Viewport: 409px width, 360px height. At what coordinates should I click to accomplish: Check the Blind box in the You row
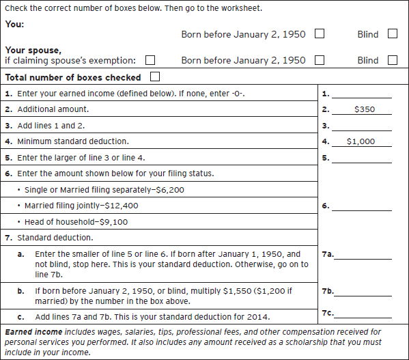(392, 33)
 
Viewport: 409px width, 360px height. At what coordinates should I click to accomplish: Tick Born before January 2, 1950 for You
(319, 33)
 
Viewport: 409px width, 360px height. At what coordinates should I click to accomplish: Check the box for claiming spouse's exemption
(150, 60)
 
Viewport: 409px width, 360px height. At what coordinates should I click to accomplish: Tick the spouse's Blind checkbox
(392, 60)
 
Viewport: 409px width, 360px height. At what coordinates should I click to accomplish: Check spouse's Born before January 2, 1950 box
(319, 60)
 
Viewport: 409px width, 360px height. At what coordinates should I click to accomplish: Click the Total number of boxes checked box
(155, 77)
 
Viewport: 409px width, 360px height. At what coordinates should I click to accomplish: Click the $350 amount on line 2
(364, 109)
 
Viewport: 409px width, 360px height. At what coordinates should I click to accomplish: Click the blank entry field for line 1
(362, 93)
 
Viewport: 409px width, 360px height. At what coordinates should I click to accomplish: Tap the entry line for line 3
(362, 126)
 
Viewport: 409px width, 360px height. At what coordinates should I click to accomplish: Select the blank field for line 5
(362, 158)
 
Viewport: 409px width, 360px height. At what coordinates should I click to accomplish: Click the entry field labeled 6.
(362, 206)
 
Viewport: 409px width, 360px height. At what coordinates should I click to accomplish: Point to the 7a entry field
(363, 255)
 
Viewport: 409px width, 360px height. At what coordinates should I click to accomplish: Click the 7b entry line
(363, 292)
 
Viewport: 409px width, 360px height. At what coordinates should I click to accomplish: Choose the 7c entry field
(363, 314)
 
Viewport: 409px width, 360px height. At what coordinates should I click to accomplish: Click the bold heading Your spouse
(32, 51)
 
